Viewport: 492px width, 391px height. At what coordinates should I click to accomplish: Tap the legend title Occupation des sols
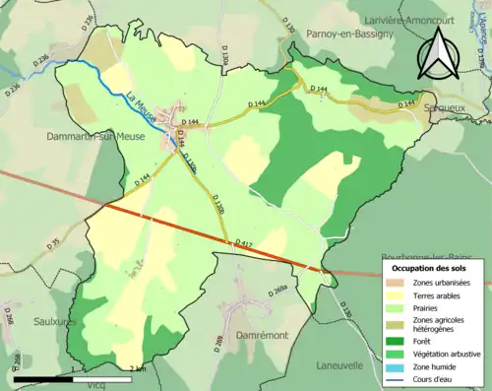tap(430, 268)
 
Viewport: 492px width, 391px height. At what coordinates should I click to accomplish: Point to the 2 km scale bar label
tap(138, 369)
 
